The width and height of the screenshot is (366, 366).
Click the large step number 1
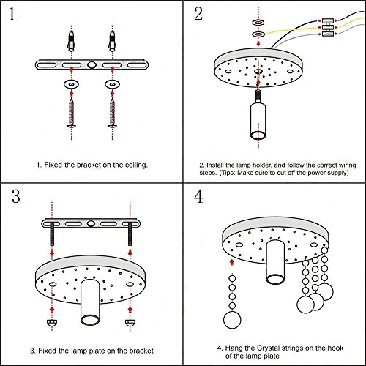(x=12, y=14)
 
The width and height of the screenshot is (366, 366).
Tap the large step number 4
(x=198, y=196)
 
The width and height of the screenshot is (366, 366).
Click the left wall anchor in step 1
(x=71, y=41)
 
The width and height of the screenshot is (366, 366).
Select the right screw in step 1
(x=112, y=113)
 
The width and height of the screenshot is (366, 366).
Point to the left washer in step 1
(x=71, y=84)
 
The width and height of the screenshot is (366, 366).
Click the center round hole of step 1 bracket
(x=91, y=64)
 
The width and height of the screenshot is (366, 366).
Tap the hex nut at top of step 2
(x=258, y=23)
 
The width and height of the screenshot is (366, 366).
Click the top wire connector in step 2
(x=327, y=21)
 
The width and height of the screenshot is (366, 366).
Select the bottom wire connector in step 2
(x=327, y=34)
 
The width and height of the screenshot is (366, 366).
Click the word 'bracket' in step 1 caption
(x=89, y=165)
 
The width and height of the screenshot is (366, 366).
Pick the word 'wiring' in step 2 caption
(x=348, y=165)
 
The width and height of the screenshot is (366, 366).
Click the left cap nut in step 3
(x=52, y=322)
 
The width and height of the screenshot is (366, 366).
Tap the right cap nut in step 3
(x=130, y=322)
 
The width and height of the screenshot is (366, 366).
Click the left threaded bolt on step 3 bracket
(x=52, y=234)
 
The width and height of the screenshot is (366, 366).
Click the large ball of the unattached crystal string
(x=232, y=320)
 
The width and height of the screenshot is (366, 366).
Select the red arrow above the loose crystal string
(x=232, y=263)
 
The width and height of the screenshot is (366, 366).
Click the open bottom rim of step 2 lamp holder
(x=258, y=135)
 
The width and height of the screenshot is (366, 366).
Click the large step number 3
(x=16, y=196)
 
